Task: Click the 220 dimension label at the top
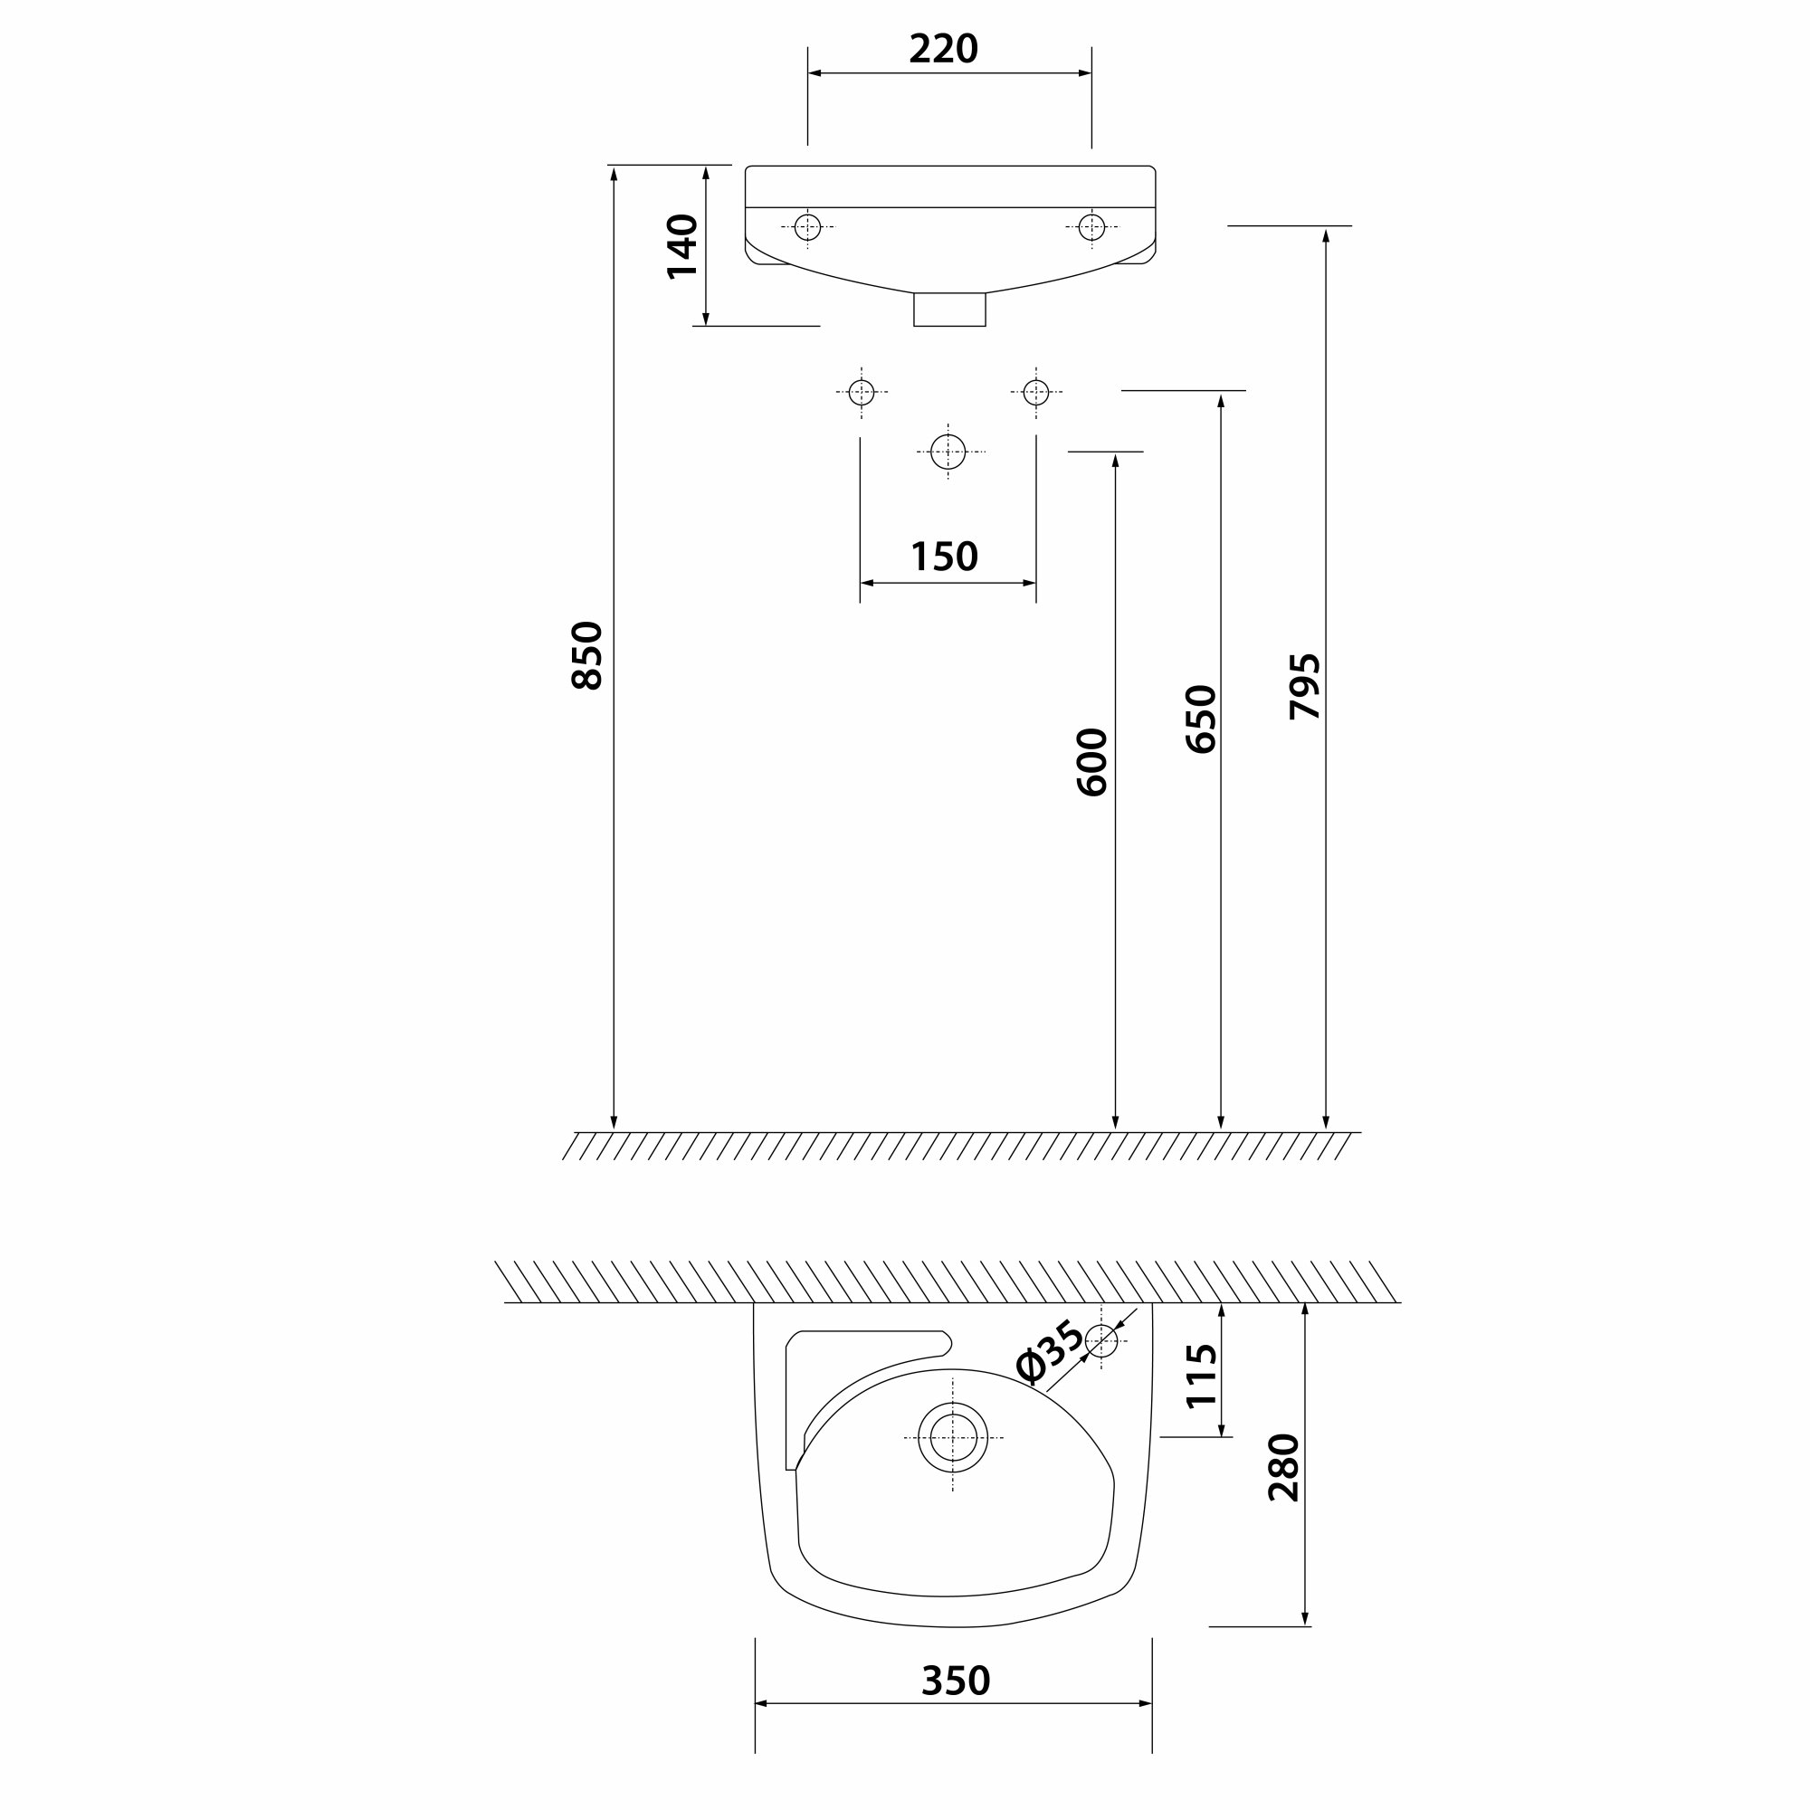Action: tap(943, 49)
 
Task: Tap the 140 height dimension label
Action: tap(683, 246)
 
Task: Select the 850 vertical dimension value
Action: tap(587, 656)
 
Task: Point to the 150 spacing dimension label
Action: tap(944, 557)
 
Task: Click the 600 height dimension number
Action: tap(1092, 762)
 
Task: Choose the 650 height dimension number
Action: tap(1201, 719)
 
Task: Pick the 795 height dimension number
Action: tap(1305, 687)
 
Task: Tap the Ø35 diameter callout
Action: tap(1050, 1352)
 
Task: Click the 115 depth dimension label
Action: tap(1202, 1377)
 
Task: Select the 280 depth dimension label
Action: tap(1284, 1467)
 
